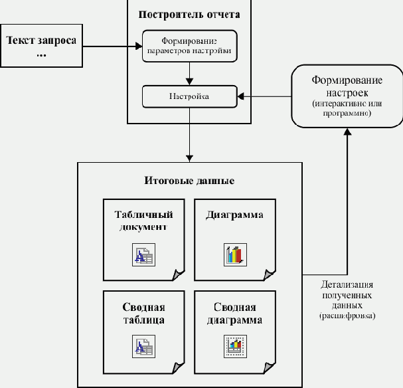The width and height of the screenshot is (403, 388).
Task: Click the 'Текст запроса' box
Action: click(x=41, y=46)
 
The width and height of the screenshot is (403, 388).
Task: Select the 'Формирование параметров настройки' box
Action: click(x=190, y=46)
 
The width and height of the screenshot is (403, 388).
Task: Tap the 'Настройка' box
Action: click(x=190, y=97)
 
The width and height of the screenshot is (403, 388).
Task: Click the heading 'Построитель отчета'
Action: click(x=190, y=13)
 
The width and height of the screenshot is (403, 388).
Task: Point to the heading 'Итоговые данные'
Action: click(x=189, y=181)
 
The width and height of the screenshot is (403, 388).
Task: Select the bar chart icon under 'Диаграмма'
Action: click(x=234, y=254)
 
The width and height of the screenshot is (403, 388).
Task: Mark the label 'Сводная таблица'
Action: click(x=143, y=313)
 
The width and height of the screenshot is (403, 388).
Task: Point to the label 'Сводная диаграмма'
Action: click(x=234, y=313)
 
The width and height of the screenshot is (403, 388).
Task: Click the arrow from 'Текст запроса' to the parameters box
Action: click(x=113, y=46)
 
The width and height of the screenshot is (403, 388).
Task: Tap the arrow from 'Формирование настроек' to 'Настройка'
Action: click(x=266, y=97)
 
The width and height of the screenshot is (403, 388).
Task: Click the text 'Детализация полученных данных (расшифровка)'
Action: click(x=351, y=298)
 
